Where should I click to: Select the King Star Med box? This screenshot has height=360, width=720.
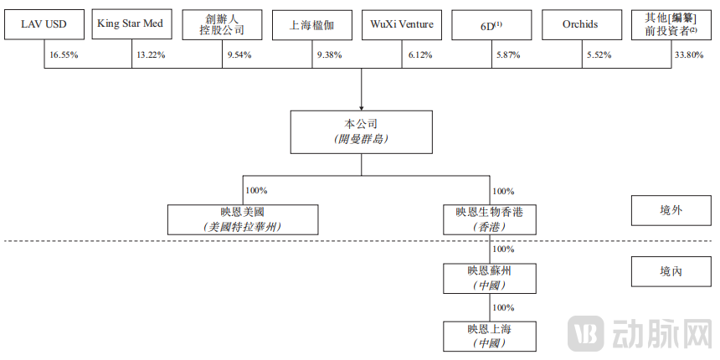(x=130, y=25)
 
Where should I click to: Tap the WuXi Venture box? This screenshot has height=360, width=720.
(x=402, y=25)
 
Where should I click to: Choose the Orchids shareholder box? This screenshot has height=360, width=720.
(x=581, y=25)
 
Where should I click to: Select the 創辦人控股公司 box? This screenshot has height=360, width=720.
(x=221, y=25)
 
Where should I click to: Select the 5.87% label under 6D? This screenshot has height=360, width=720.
(x=508, y=54)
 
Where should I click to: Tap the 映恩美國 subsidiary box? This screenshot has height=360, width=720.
(x=242, y=219)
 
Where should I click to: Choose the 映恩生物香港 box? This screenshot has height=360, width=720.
(x=489, y=219)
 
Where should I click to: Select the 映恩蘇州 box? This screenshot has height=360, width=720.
(x=489, y=277)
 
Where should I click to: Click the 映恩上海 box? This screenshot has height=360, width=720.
(x=489, y=335)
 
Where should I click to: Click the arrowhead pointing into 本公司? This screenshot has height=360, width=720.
(x=361, y=107)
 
